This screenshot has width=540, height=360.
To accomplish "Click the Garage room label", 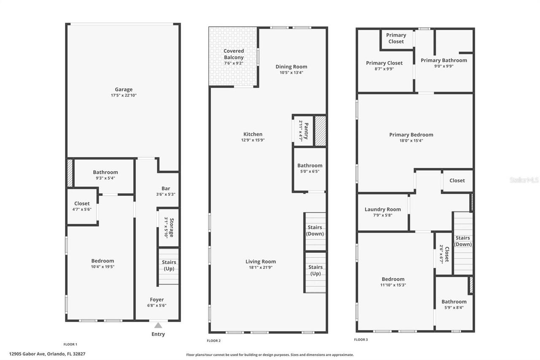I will click(124, 89).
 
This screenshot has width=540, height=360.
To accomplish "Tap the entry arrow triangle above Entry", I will click(158, 325).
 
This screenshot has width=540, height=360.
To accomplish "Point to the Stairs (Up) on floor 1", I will click(169, 266).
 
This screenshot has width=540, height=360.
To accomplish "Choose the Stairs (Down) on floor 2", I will click(315, 231).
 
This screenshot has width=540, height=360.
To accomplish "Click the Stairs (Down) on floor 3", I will click(463, 241).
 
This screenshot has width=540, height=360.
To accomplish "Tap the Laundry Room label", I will click(383, 209).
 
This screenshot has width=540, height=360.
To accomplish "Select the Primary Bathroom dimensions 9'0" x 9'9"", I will click(444, 66).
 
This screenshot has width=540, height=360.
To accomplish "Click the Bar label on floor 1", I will click(166, 189).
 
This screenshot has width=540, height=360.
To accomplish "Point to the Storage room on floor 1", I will click(169, 227).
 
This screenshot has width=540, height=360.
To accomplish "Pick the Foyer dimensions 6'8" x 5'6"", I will click(157, 306).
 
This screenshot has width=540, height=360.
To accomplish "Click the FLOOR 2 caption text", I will click(213, 341).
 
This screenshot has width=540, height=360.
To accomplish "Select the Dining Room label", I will click(292, 67).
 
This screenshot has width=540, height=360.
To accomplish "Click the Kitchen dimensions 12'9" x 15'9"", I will click(253, 140).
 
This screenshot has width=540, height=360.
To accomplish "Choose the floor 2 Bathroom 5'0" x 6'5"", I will click(310, 168).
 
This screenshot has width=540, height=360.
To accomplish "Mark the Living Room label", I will click(261, 262).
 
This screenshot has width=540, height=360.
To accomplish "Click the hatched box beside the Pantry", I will click(321, 131).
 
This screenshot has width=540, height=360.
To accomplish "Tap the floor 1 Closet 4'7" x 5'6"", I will click(82, 206).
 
